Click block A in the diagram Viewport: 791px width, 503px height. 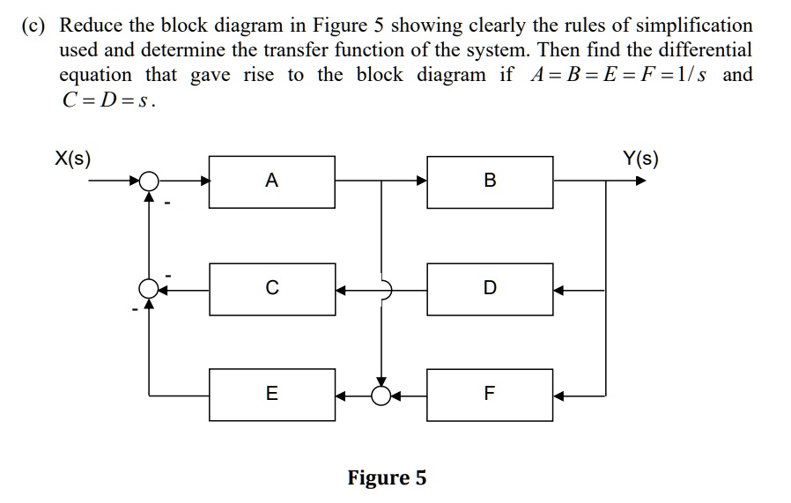click(271, 181)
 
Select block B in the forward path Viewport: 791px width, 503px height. click(490, 181)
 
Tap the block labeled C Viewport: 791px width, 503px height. click(271, 288)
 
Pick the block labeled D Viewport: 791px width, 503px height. click(490, 288)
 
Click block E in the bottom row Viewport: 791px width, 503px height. click(271, 394)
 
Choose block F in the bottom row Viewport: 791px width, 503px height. click(490, 394)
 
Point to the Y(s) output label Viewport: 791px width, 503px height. click(640, 159)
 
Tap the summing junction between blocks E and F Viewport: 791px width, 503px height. click(381, 394)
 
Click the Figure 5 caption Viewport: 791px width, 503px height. click(387, 478)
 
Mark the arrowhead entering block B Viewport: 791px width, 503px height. click(421, 181)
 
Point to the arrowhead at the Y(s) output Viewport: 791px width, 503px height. click(640, 181)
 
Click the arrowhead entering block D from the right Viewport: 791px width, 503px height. click(560, 288)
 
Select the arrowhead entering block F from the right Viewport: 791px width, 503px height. click(560, 394)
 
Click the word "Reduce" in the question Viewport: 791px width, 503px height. click(92, 26)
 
